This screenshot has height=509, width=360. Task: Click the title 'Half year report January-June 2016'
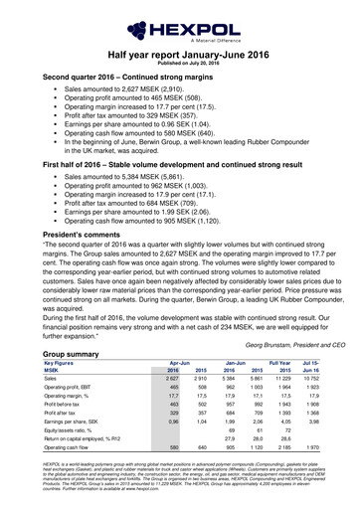click(180, 54)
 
